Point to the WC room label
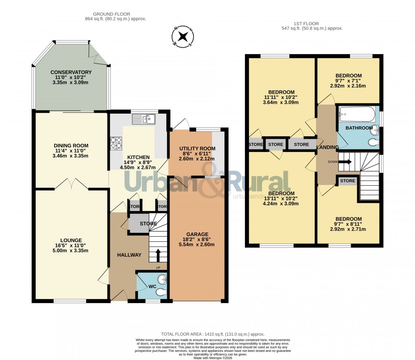tap(152, 287)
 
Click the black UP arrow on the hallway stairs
tap(159, 255)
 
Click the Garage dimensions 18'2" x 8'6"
tap(197, 239)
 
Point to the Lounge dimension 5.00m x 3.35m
tap(71, 251)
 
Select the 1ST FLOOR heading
tap(312, 24)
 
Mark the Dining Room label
tap(71, 145)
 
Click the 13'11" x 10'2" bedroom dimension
tap(281, 198)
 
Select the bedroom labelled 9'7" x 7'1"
tap(348, 81)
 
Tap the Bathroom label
tap(359, 128)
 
